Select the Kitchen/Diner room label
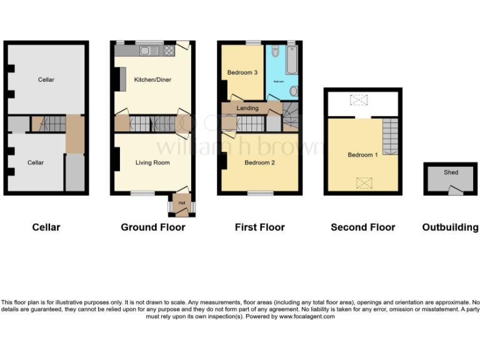tap(152, 80)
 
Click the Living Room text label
tap(152, 163)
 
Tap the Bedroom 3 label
tap(242, 73)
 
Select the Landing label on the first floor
tap(247, 109)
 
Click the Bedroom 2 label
tap(259, 163)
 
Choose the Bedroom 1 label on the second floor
tap(362, 155)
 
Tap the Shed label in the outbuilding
tap(451, 172)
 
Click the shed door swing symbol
tap(456, 190)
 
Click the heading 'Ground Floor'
tap(152, 227)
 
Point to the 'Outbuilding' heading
tap(450, 227)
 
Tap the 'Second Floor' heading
tap(362, 227)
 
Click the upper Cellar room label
tap(46, 80)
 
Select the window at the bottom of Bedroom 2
tap(260, 194)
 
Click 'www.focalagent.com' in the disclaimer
tap(306, 317)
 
